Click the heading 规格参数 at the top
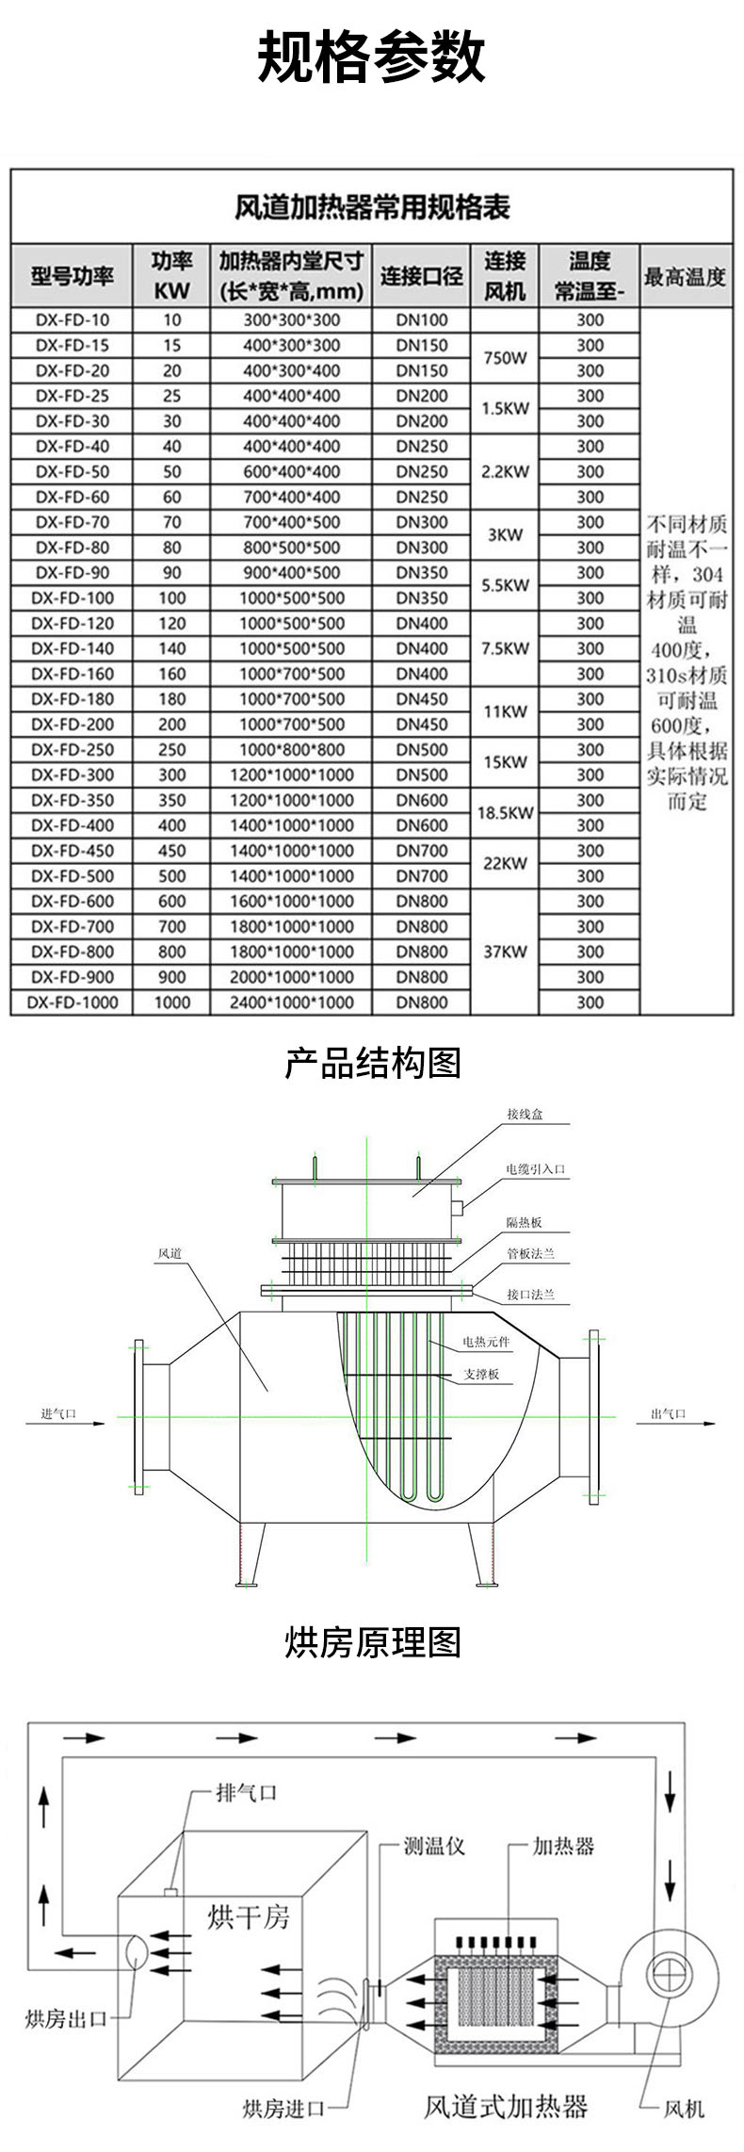(371, 57)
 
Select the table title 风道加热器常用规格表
(371, 206)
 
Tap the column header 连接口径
(421, 276)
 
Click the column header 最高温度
(685, 276)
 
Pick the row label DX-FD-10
(73, 320)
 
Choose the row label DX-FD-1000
(73, 1003)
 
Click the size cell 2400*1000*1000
(292, 1003)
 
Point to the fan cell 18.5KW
(505, 812)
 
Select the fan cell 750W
(505, 358)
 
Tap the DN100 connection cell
(421, 320)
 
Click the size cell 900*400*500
(292, 573)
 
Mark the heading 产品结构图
(372, 1064)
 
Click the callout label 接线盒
(525, 1115)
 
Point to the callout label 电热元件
(486, 1341)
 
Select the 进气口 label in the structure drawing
(58, 1414)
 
